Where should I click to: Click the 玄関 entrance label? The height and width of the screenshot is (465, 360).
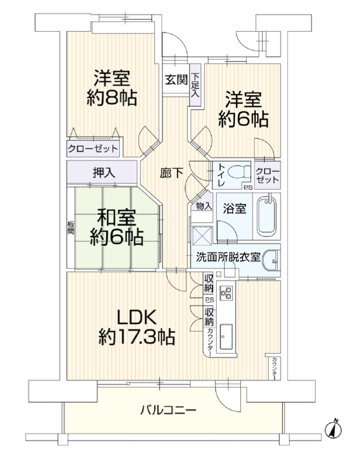coord(176,79)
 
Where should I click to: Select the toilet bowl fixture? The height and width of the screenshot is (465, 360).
coord(240,171)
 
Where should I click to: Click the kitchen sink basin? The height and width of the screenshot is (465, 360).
coord(226,337)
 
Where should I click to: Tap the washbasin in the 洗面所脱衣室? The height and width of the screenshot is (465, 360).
coord(272,261)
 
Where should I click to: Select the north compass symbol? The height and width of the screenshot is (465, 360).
coord(333,429)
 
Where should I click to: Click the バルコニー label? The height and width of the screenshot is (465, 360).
coord(168,411)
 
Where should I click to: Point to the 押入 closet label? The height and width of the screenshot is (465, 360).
coord(104,172)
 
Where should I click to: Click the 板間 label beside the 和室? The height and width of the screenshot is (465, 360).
coord(70,228)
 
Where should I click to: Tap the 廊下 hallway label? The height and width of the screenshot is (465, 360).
coord(171,174)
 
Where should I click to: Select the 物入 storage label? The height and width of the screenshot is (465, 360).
coord(204,206)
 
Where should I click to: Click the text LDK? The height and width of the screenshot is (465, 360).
coord(137,318)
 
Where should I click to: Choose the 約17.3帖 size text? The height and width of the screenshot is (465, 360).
coord(137,337)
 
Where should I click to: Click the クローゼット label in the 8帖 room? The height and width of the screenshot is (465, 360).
coord(93,148)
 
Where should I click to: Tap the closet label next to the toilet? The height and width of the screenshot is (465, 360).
coord(267,176)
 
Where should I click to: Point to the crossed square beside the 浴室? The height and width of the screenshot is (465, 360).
coord(202,235)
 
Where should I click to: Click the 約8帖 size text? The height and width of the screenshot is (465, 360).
coord(112,98)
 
